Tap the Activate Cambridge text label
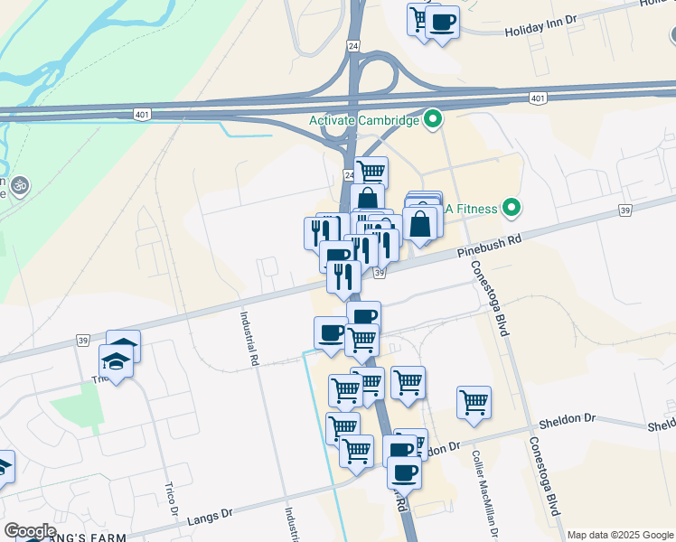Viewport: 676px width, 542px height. click(x=364, y=120)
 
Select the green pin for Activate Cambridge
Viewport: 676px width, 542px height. click(x=433, y=119)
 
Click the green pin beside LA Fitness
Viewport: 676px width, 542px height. click(x=512, y=209)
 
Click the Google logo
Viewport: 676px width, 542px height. click(x=29, y=531)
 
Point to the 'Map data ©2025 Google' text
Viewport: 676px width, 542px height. click(x=620, y=535)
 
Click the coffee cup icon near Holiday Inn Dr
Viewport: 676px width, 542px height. click(x=442, y=21)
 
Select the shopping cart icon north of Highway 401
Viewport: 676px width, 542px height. click(x=418, y=18)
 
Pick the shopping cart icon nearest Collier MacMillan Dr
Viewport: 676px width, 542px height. click(x=474, y=400)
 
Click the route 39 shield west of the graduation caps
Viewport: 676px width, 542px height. click(x=84, y=341)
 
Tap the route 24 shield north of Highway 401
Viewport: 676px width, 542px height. click(x=353, y=44)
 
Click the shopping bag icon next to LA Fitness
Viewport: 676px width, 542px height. click(x=421, y=222)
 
